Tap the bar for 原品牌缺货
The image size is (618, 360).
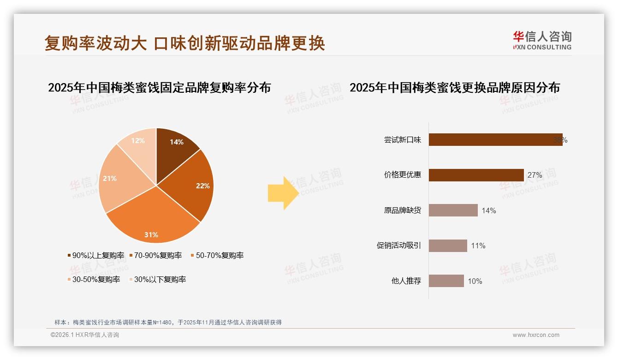tap(453, 210)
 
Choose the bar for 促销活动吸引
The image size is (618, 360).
tap(448, 246)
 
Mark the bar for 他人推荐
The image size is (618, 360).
tap(446, 281)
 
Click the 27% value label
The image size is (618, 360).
tap(535, 175)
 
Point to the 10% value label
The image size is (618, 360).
tap(475, 281)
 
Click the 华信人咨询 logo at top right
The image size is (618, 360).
tap(542, 41)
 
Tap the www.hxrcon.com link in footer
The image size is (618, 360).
tap(536, 335)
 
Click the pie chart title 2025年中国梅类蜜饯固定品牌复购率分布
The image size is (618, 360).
tap(159, 87)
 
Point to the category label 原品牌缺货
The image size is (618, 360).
tap(402, 210)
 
